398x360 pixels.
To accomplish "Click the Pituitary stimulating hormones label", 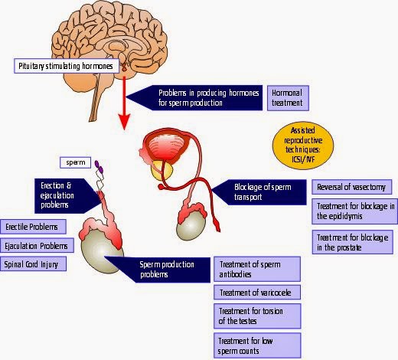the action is (67, 66).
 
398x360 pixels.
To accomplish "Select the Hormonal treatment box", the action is (288, 98).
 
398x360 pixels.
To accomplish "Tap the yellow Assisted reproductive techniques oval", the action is (303, 146).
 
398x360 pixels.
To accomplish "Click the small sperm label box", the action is (75, 162).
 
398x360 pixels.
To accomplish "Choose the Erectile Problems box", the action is (33, 227).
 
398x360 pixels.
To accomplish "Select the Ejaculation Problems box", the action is (37, 246).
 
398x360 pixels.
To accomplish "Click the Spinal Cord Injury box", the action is (33, 264).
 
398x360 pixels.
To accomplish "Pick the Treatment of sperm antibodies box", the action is (257, 269).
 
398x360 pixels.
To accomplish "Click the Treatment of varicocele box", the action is (257, 293).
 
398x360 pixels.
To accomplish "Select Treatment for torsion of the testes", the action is (257, 316).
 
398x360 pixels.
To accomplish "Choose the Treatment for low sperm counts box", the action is (257, 345).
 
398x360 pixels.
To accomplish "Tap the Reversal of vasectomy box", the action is (352, 187).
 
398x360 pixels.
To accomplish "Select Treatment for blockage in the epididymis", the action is (354, 211).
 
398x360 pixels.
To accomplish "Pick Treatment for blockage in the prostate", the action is (352, 242).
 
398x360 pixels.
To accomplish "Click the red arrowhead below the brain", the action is (124, 122).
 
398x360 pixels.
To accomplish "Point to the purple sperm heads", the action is (99, 167).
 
